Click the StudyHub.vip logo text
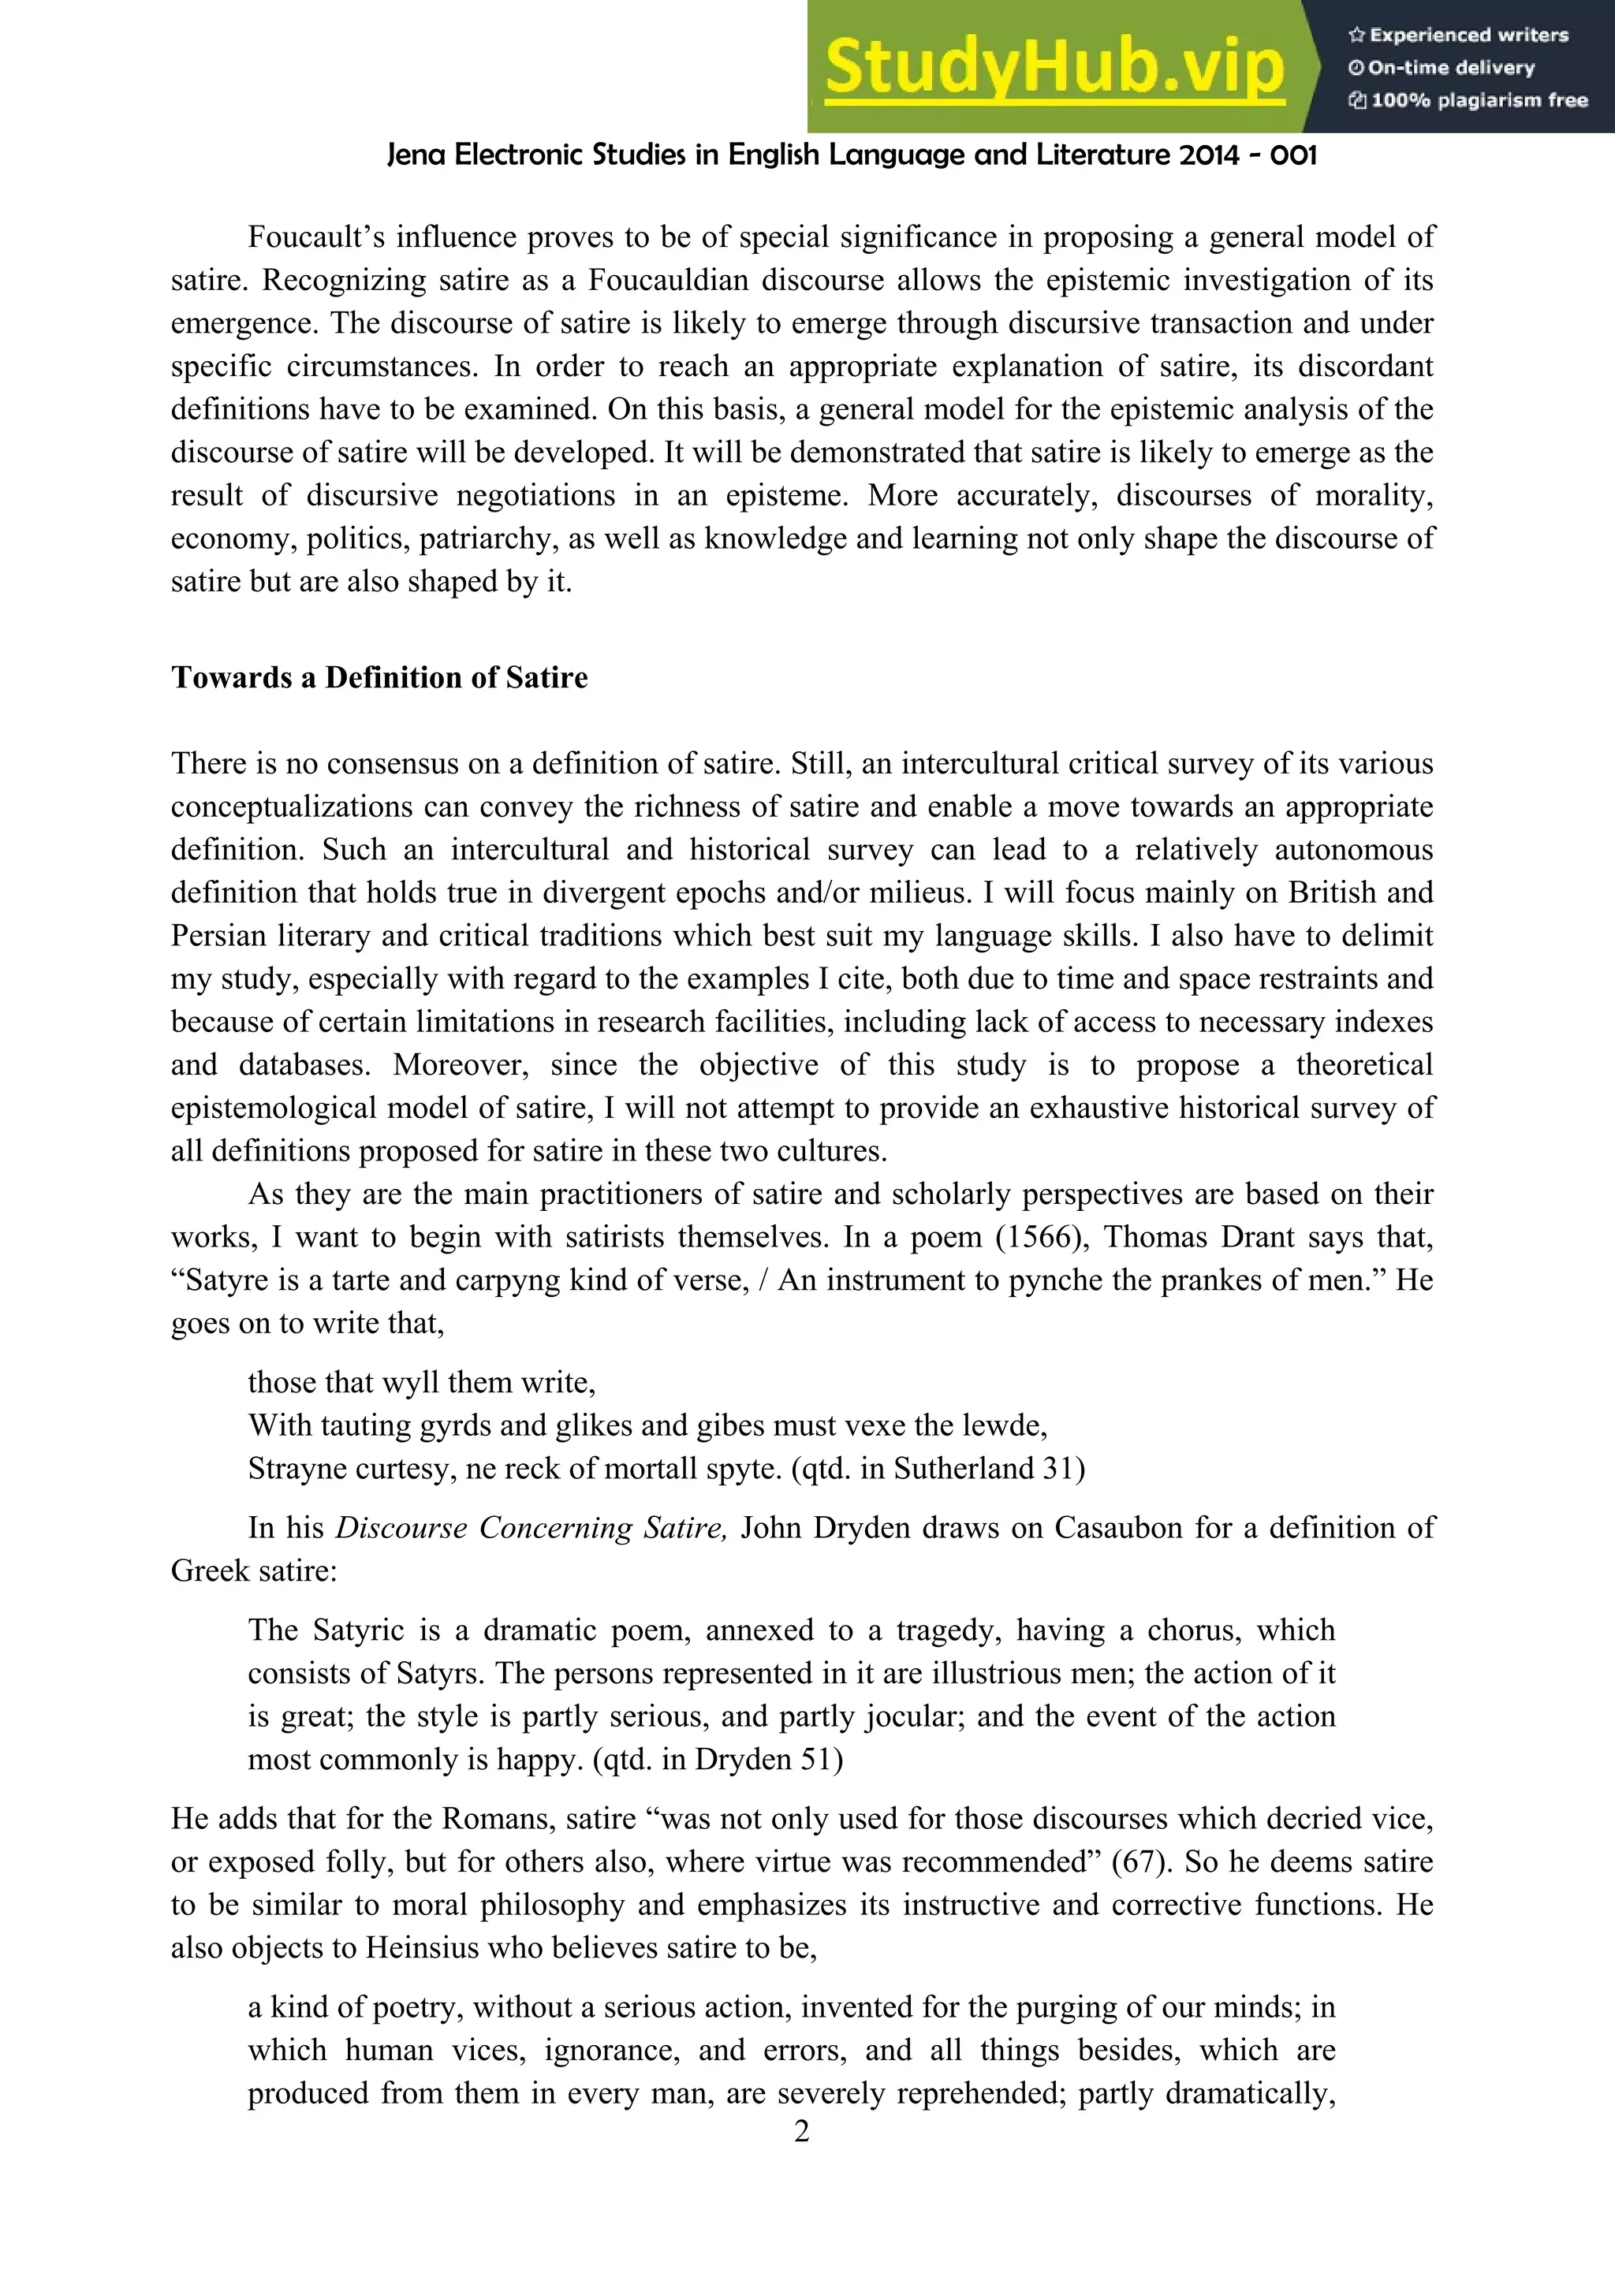[x=1054, y=67]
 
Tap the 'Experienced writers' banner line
[x=1459, y=35]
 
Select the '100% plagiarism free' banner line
[x=1469, y=100]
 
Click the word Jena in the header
[x=416, y=155]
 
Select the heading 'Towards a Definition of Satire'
[x=379, y=677]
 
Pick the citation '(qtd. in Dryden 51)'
[x=718, y=1760]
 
